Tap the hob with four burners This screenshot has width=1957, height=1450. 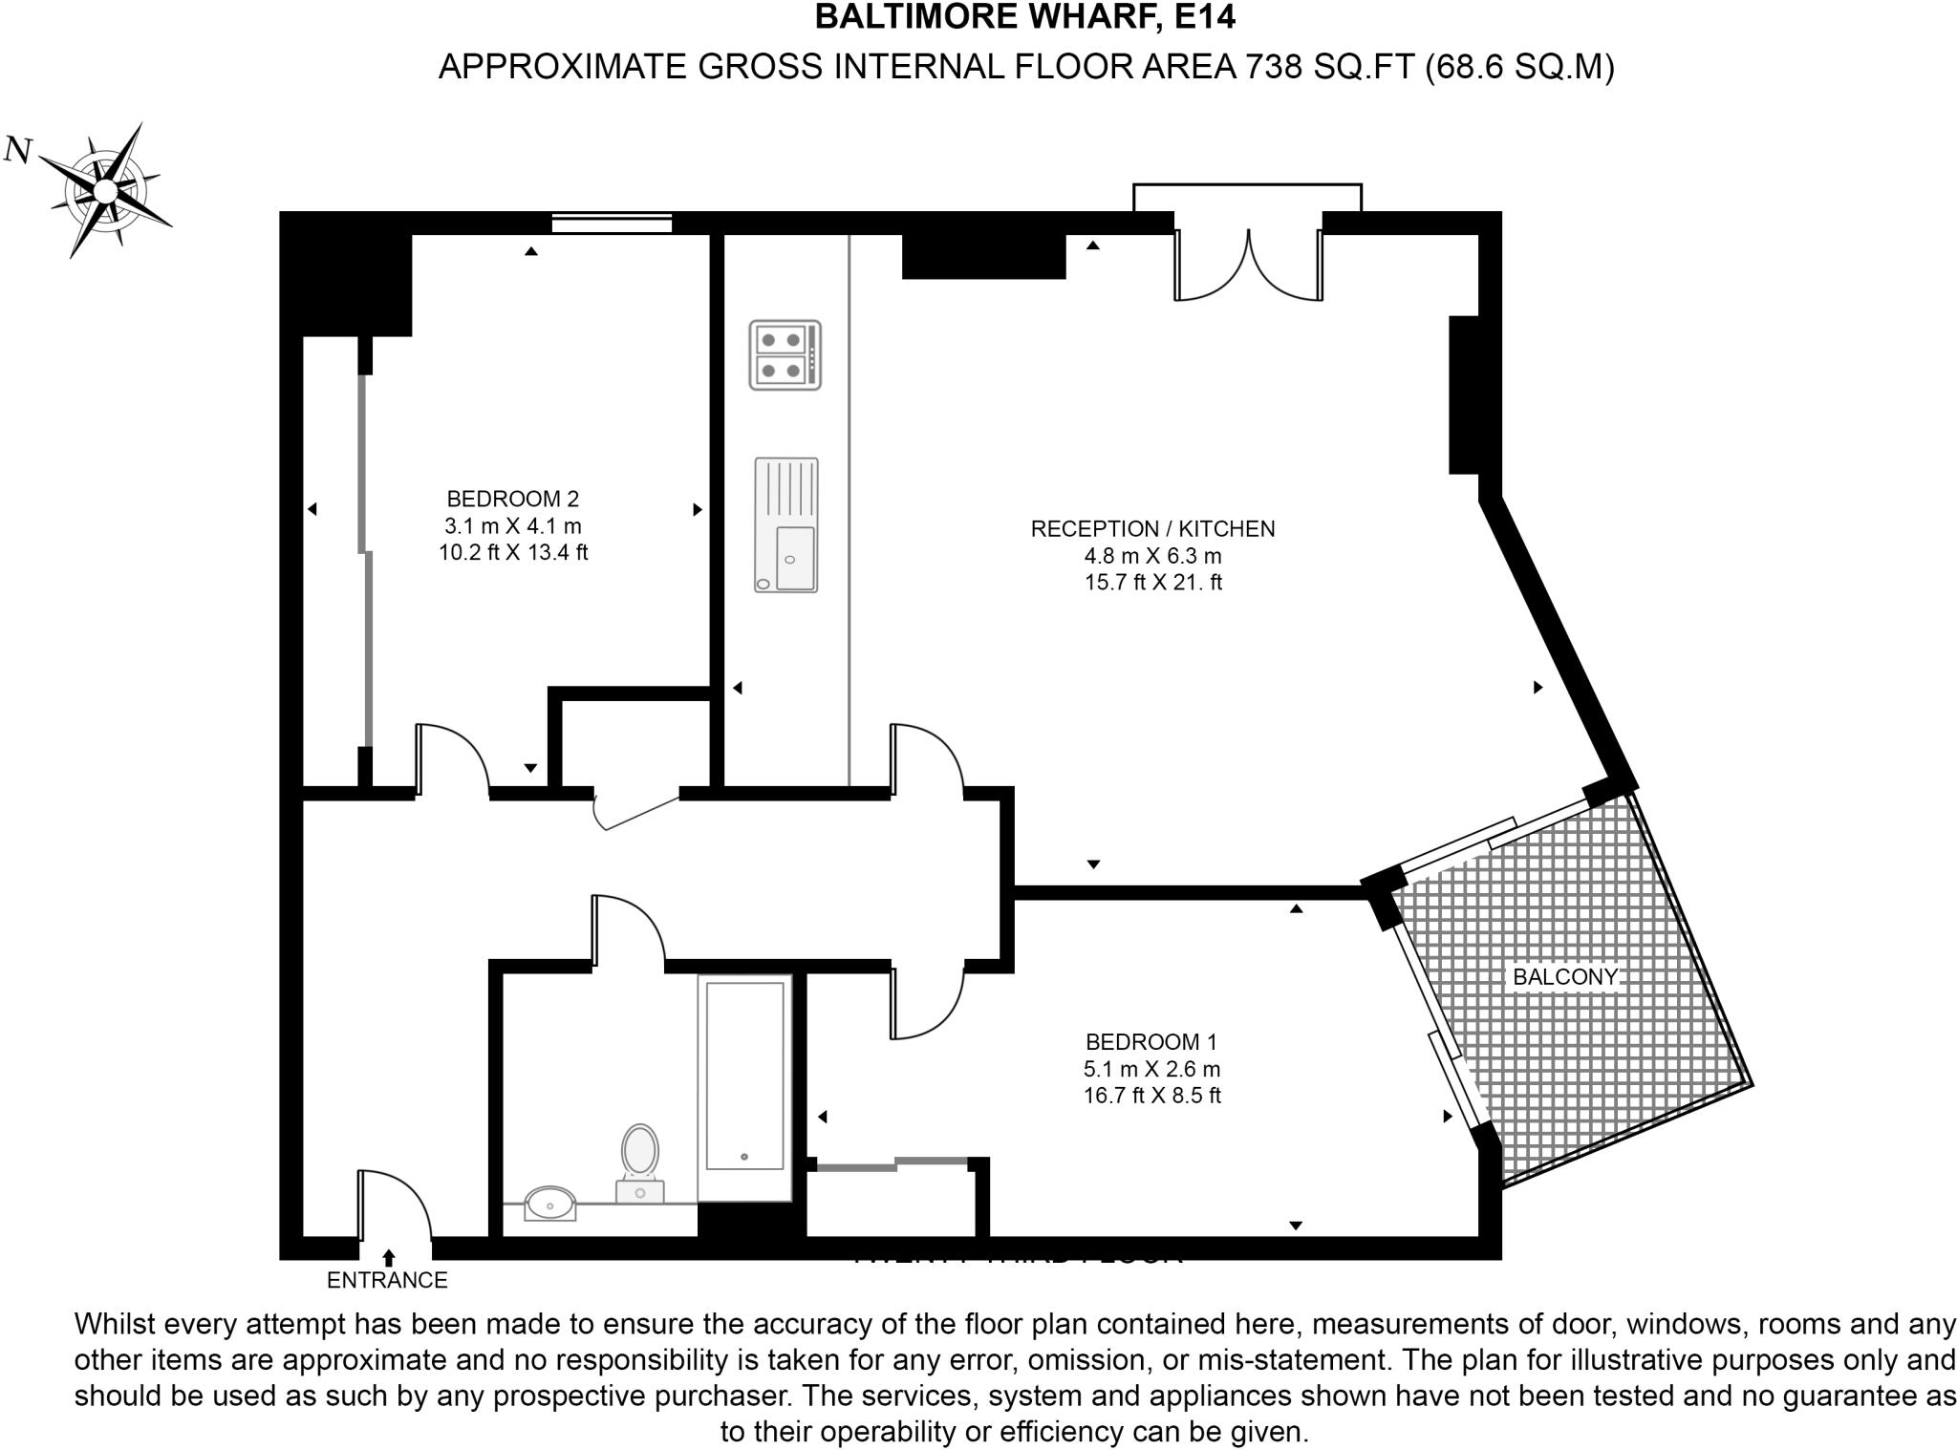pyautogui.click(x=785, y=354)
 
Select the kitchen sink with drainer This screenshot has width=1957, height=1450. pyautogui.click(x=786, y=525)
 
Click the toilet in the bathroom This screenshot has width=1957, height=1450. pyautogui.click(x=640, y=1162)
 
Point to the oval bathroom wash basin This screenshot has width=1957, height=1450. pyautogui.click(x=550, y=1204)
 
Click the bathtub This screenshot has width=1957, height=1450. pyautogui.click(x=744, y=1087)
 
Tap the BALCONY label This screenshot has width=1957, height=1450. pyautogui.click(x=1564, y=977)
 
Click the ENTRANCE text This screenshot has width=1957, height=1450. pyautogui.click(x=387, y=1281)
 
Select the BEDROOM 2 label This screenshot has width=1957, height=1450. pyautogui.click(x=513, y=499)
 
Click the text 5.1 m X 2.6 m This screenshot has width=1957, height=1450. pyautogui.click(x=1152, y=1069)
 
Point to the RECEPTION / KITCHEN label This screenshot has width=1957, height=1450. pyautogui.click(x=1152, y=529)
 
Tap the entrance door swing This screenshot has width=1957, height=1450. pyautogui.click(x=394, y=1205)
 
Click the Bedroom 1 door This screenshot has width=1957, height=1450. pyautogui.click(x=925, y=1003)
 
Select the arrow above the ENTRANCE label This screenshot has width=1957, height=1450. pyautogui.click(x=389, y=1258)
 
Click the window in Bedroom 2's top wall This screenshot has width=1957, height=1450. pyautogui.click(x=612, y=224)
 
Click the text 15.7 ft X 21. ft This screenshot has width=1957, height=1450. pyautogui.click(x=1152, y=583)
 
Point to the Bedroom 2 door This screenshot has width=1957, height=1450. pyautogui.click(x=452, y=759)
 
